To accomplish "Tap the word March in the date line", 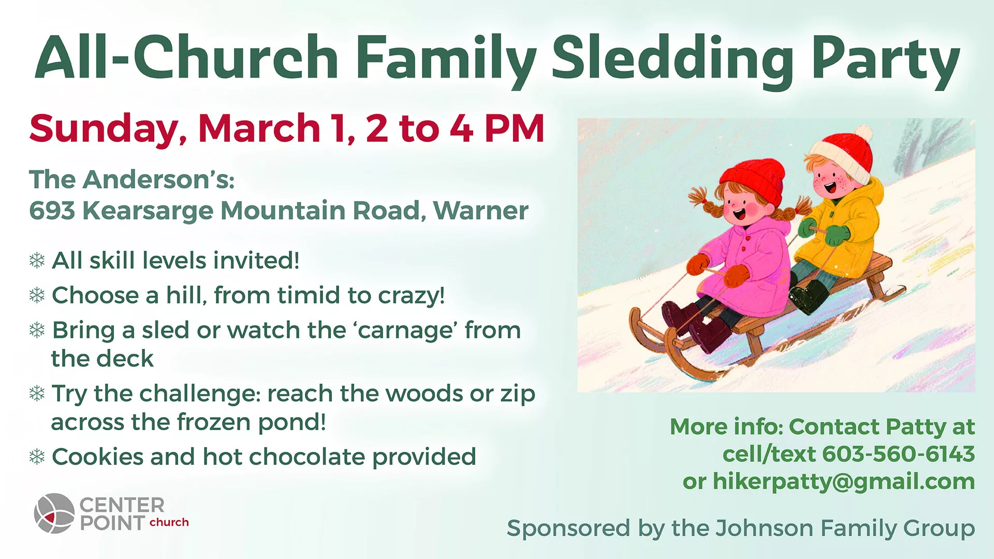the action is point(259,128).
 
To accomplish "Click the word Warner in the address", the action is point(481,211).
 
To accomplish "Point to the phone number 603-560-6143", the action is point(898,454).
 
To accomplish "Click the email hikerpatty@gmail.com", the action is point(844,481).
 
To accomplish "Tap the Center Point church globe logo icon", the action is point(54,513).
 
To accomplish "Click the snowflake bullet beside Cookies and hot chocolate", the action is point(37,457).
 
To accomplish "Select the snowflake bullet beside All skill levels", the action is point(37,260).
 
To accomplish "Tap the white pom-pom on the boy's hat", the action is point(863,133).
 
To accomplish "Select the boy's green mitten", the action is point(837,236).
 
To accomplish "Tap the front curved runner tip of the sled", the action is point(634,316).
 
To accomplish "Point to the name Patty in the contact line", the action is point(916,428).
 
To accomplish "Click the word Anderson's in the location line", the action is point(159,180).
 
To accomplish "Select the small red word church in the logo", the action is point(169,522).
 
